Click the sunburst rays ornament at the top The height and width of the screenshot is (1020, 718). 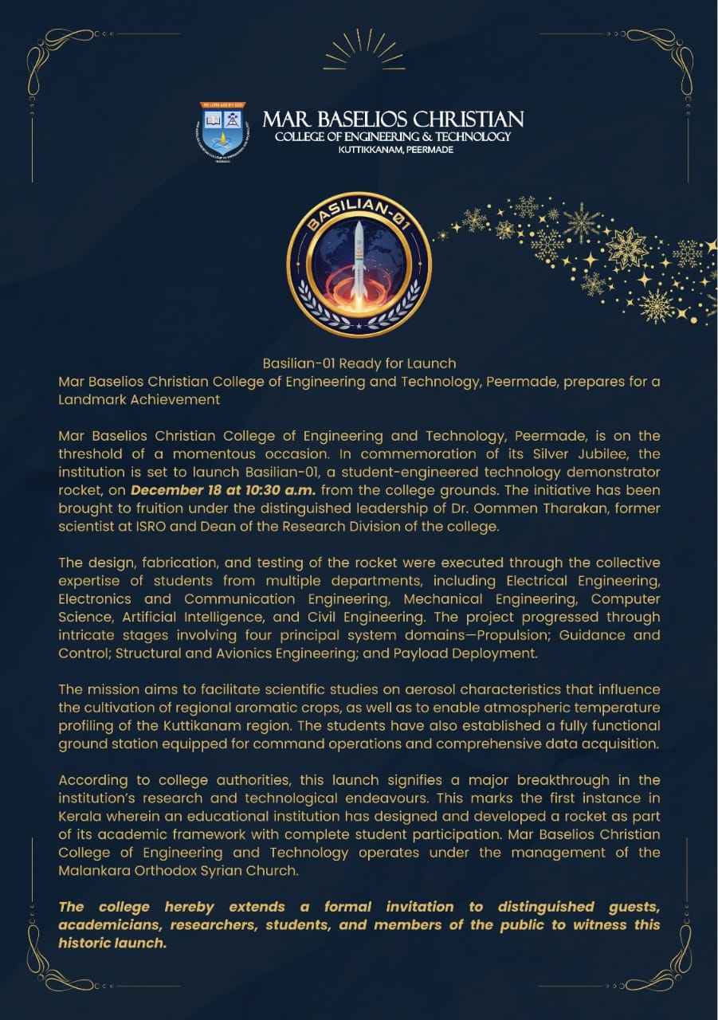(364, 49)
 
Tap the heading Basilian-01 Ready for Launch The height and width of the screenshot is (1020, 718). (359, 363)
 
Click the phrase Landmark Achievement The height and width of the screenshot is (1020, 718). (139, 400)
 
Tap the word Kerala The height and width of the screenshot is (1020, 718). (82, 816)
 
